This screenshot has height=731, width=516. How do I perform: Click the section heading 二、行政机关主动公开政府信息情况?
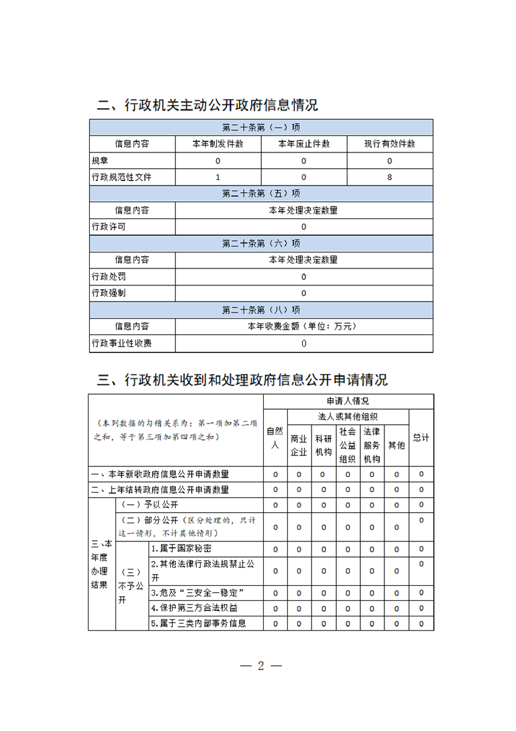[207, 106]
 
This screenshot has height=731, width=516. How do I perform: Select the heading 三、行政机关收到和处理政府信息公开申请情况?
[242, 380]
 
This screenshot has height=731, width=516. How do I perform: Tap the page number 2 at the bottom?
[261, 666]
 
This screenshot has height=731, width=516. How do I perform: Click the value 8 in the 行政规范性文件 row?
[390, 177]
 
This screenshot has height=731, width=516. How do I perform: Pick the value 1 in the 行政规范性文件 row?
[218, 177]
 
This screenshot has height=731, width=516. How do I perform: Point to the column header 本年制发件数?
[218, 144]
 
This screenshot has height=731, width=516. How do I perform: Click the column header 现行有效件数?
[390, 144]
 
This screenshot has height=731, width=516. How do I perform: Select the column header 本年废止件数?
[304, 144]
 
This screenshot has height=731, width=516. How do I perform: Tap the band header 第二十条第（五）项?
[261, 193]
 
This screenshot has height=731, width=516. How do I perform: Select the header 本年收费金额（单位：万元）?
[304, 326]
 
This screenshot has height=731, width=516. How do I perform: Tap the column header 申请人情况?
[348, 401]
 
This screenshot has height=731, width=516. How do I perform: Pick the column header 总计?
[421, 438]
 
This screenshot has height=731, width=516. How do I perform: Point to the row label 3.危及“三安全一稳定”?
[197, 593]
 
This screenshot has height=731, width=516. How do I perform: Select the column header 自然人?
[274, 438]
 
